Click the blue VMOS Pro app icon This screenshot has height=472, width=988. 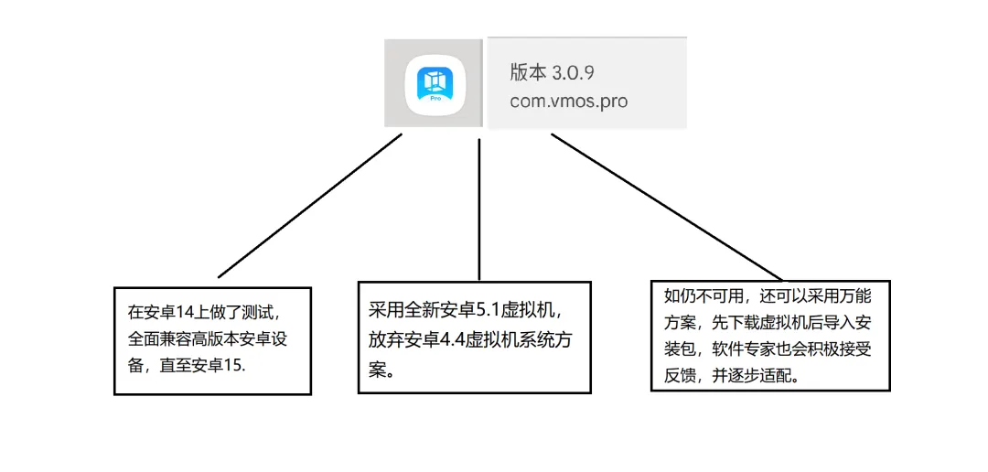click(x=435, y=82)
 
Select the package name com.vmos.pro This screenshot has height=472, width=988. click(x=568, y=101)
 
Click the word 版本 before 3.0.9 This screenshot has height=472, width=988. click(x=528, y=72)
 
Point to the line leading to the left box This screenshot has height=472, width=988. click(x=311, y=206)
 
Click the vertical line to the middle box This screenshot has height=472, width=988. click(x=479, y=210)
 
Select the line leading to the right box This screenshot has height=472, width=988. click(x=666, y=207)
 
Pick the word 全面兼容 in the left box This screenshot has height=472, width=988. click(x=161, y=338)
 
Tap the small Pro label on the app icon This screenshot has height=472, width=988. click(x=435, y=95)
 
